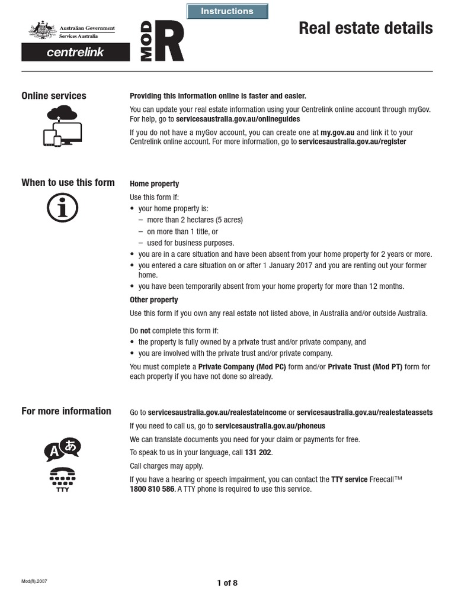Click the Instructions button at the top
click(227, 11)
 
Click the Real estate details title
click(366, 28)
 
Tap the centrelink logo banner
click(75, 52)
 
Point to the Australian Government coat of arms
click(41, 30)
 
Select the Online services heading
click(54, 96)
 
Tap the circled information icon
click(62, 208)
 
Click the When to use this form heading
click(68, 182)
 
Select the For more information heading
click(66, 411)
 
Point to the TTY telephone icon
click(62, 478)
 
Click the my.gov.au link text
click(337, 133)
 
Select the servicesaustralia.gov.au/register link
click(352, 142)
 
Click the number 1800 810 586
click(152, 489)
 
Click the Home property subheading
click(154, 184)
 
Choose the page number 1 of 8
click(227, 583)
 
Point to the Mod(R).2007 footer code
click(34, 581)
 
